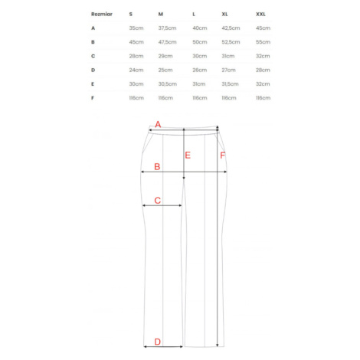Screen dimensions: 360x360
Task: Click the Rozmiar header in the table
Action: point(102,15)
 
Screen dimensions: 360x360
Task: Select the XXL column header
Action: point(260,15)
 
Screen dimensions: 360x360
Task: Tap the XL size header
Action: point(224,15)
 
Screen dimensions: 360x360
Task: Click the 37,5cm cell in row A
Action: point(167,28)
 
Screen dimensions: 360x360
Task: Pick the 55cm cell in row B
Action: point(263,42)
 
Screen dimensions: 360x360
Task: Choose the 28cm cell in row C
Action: point(136,56)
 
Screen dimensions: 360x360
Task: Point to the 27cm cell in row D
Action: point(228,70)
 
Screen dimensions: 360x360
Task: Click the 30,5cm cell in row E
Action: point(168,84)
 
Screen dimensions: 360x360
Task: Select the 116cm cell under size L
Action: point(200,98)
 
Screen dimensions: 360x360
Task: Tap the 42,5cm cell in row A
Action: point(231,28)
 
